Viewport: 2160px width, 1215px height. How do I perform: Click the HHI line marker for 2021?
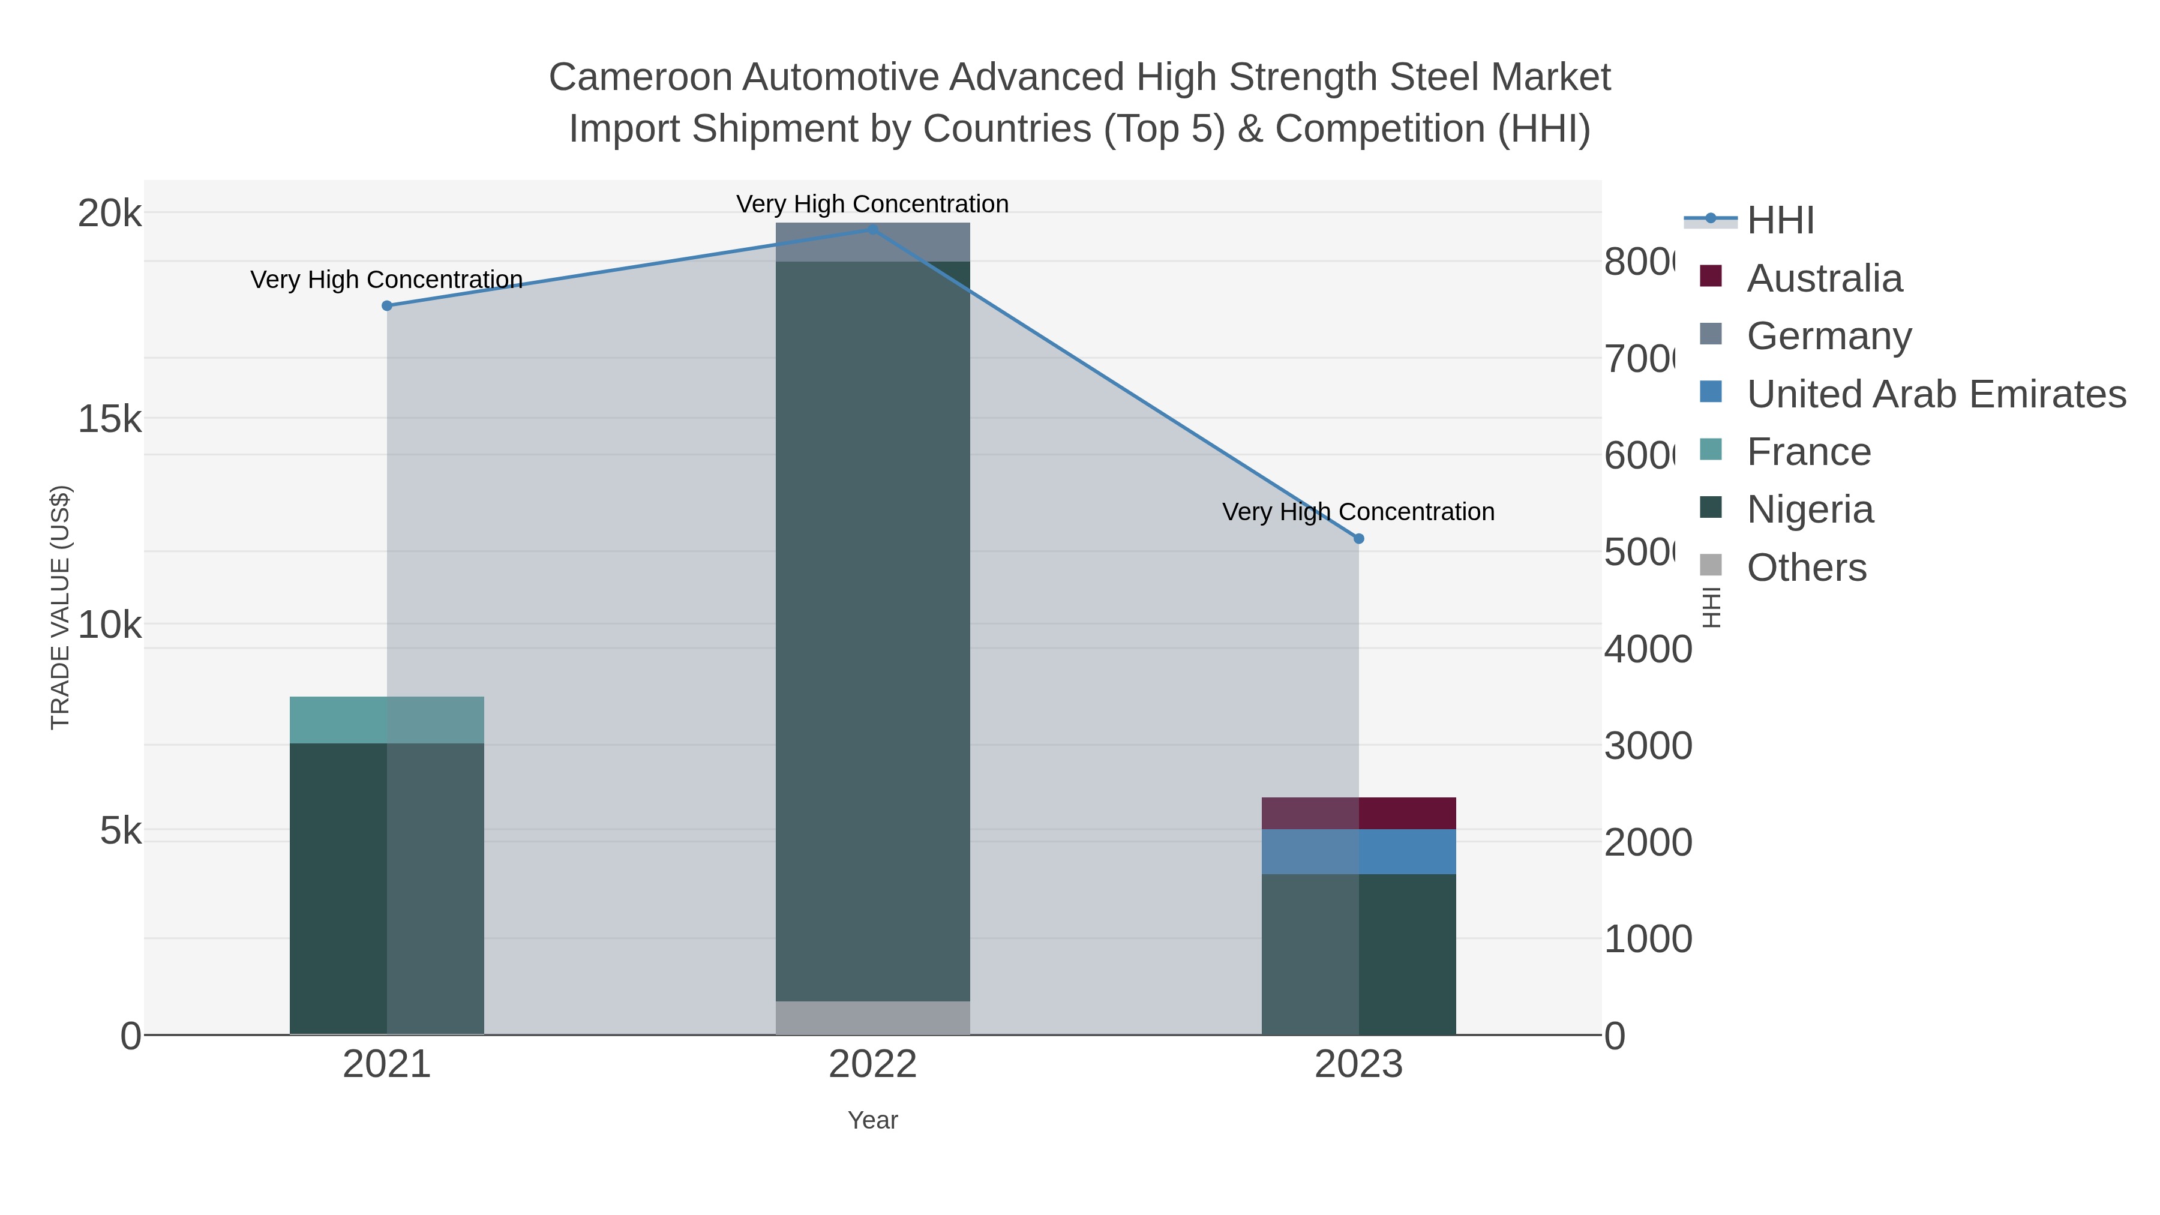tap(386, 306)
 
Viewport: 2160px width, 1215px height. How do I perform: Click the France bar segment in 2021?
tap(386, 719)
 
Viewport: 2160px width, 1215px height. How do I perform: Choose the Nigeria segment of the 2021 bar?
tap(386, 888)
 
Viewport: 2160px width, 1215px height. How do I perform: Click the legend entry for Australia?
tap(1824, 278)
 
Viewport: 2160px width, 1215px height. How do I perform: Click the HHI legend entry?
tap(1780, 221)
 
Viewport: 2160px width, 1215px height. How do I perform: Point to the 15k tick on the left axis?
tap(110, 418)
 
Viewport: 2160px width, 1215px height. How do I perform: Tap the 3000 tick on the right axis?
tap(1647, 745)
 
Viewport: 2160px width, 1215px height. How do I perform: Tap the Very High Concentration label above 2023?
tap(1358, 511)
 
